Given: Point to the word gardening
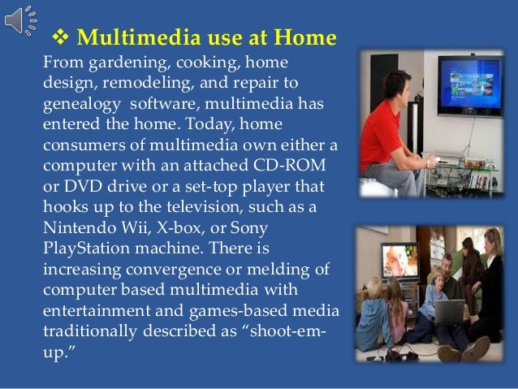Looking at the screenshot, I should click(x=113, y=62).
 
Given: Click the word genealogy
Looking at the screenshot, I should click(x=80, y=105).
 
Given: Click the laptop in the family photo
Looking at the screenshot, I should click(x=449, y=313).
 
